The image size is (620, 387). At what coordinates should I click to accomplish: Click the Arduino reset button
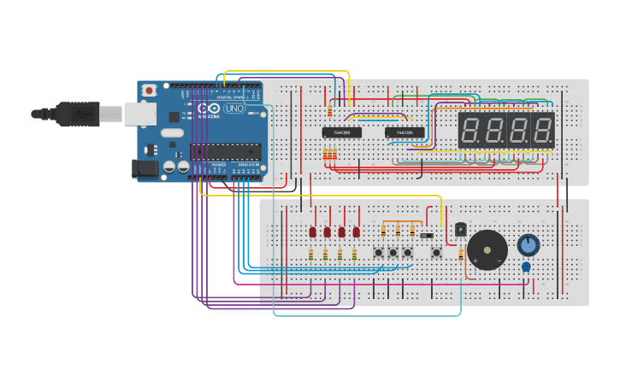[150, 90]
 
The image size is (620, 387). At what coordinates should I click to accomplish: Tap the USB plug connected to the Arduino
[81, 113]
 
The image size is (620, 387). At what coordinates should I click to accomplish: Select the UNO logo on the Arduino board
[233, 109]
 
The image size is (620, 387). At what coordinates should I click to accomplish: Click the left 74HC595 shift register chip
[341, 132]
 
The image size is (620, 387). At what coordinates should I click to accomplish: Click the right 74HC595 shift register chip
[404, 132]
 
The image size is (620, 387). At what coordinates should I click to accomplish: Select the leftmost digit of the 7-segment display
[469, 131]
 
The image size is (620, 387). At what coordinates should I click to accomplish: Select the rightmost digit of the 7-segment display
[542, 131]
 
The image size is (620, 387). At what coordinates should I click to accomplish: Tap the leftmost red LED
[313, 232]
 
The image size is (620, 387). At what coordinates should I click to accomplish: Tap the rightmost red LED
[356, 232]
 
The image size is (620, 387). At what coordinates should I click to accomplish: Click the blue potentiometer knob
[528, 245]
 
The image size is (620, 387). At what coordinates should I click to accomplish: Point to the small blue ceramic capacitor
[526, 267]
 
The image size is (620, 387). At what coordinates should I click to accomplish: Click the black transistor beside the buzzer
[460, 229]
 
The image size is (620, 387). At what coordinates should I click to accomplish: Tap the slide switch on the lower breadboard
[426, 235]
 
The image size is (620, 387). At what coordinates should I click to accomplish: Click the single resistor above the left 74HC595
[330, 111]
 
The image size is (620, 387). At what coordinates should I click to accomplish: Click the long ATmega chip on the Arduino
[226, 152]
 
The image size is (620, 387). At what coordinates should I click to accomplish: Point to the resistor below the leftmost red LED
[310, 255]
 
